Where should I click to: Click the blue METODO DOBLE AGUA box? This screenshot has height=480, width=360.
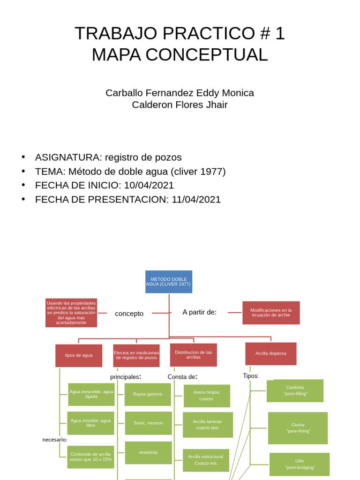click(169, 282)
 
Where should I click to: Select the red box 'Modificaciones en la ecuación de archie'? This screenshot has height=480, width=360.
click(271, 313)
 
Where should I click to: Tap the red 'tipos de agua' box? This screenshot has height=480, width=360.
click(79, 355)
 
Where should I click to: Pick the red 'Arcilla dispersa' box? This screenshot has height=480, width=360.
click(271, 353)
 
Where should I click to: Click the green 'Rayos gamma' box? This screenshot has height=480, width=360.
click(148, 394)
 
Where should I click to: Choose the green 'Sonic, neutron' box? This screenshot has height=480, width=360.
click(148, 423)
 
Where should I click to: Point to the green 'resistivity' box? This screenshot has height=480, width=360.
click(148, 452)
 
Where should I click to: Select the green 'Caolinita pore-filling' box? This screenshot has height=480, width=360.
click(295, 390)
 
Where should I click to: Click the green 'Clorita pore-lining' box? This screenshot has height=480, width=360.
click(298, 428)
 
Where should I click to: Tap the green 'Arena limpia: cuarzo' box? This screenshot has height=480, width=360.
click(207, 396)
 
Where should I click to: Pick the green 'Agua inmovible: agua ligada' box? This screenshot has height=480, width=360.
click(91, 394)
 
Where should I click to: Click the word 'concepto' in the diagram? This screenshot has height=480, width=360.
click(129, 314)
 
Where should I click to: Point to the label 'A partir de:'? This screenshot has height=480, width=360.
click(199, 312)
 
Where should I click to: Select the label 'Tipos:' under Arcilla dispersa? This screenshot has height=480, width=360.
click(251, 376)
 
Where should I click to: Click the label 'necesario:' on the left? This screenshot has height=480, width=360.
click(55, 440)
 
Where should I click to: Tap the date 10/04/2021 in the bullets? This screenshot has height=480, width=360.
click(149, 185)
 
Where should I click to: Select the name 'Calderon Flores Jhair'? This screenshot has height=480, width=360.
click(180, 105)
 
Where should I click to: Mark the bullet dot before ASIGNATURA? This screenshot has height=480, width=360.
click(23, 157)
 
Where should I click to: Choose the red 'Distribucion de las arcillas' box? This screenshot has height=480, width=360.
click(193, 355)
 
